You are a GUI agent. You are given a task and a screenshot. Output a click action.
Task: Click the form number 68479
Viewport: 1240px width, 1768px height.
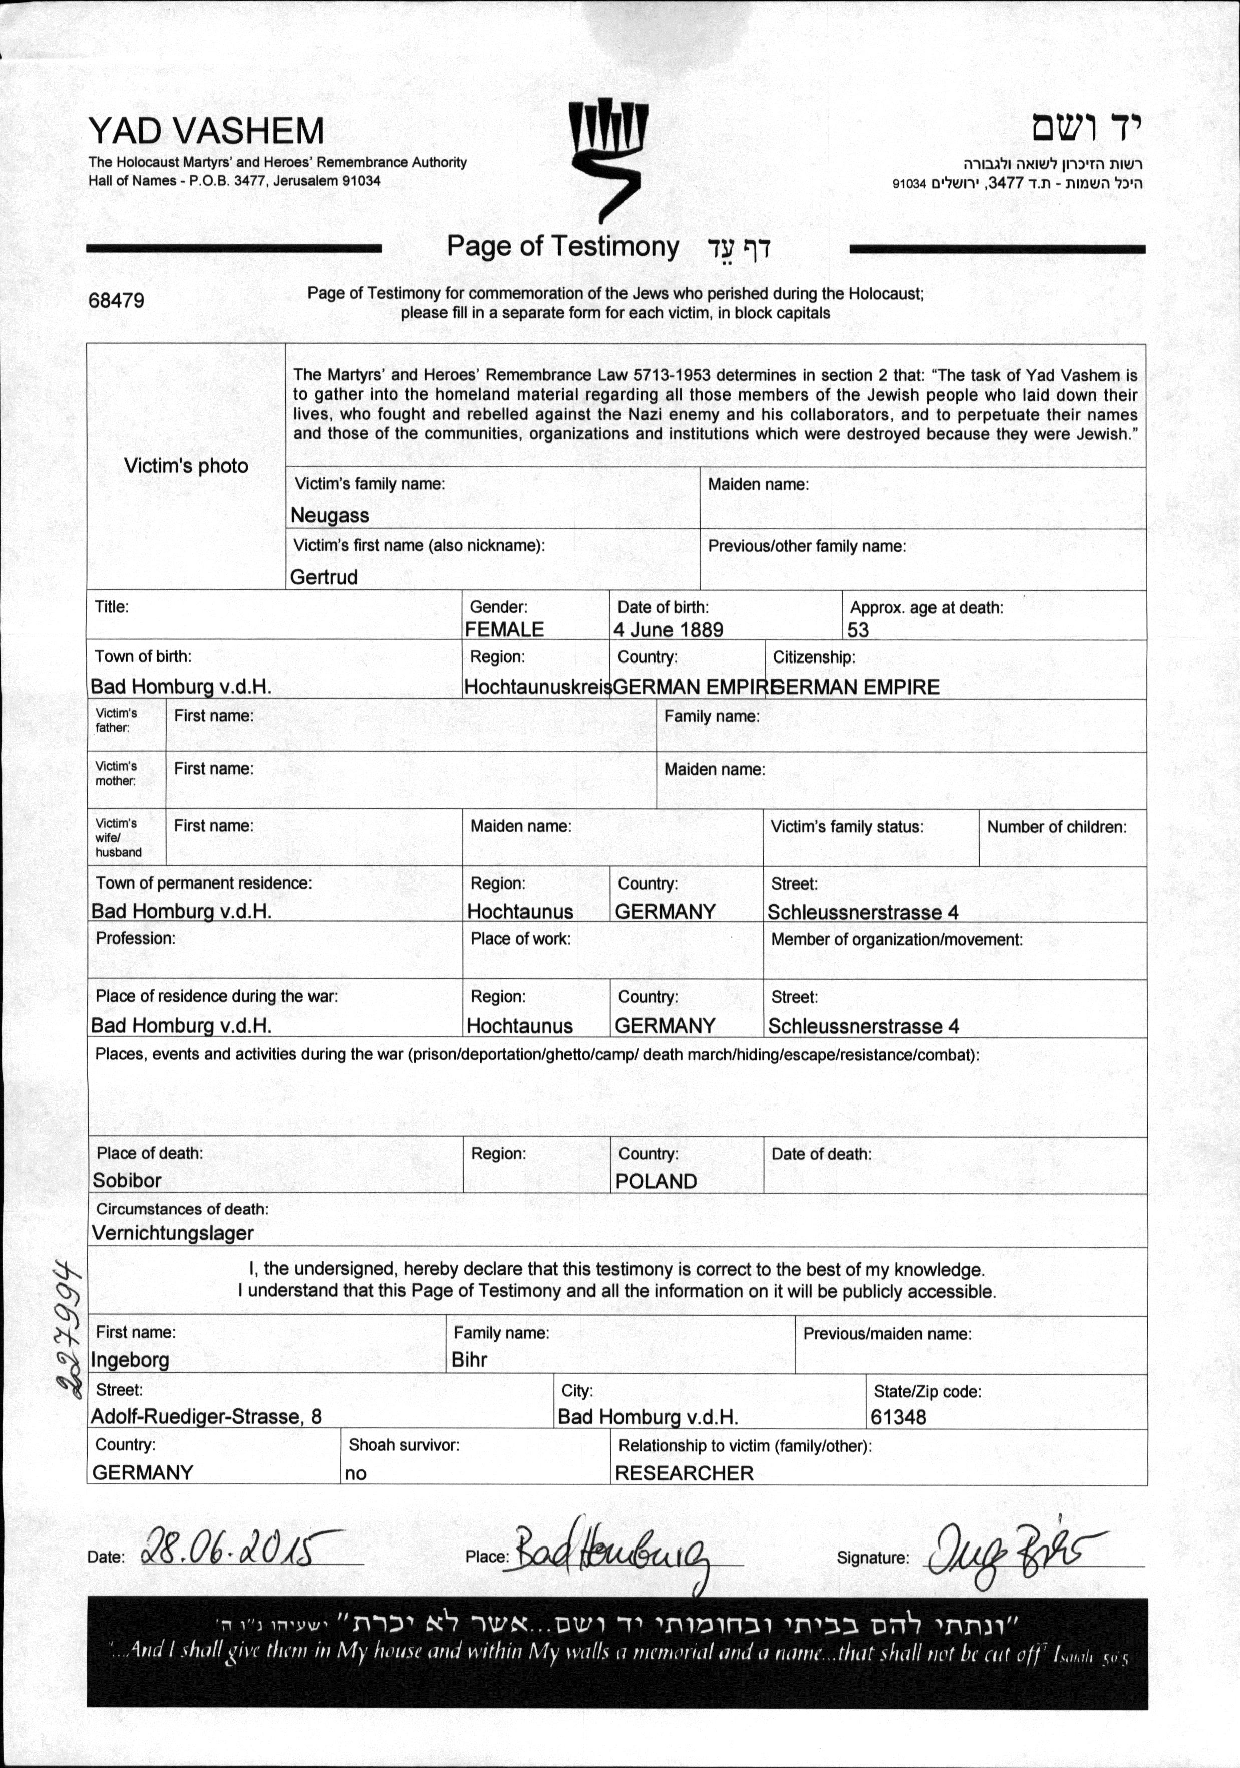(x=116, y=300)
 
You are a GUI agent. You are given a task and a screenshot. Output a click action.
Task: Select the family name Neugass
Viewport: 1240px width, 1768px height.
(x=330, y=515)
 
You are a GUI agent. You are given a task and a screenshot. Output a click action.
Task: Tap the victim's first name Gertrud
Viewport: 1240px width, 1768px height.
(x=324, y=577)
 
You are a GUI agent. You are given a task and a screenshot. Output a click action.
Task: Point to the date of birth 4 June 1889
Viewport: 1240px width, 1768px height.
(x=668, y=630)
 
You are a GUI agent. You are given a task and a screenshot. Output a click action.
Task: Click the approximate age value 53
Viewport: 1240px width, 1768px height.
(x=858, y=630)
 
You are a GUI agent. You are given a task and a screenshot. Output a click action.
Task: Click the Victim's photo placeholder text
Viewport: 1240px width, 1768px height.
(x=186, y=466)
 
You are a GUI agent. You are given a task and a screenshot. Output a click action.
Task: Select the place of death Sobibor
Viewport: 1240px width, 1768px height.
(x=127, y=1181)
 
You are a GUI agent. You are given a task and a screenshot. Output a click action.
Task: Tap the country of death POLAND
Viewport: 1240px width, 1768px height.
(x=656, y=1181)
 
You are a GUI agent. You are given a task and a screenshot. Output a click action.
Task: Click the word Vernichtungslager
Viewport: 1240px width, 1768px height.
(x=172, y=1233)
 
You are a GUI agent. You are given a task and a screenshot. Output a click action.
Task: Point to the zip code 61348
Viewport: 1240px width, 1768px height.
(x=898, y=1417)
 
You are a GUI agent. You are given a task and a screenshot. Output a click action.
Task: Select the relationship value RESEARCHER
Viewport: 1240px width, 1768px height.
(x=684, y=1473)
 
